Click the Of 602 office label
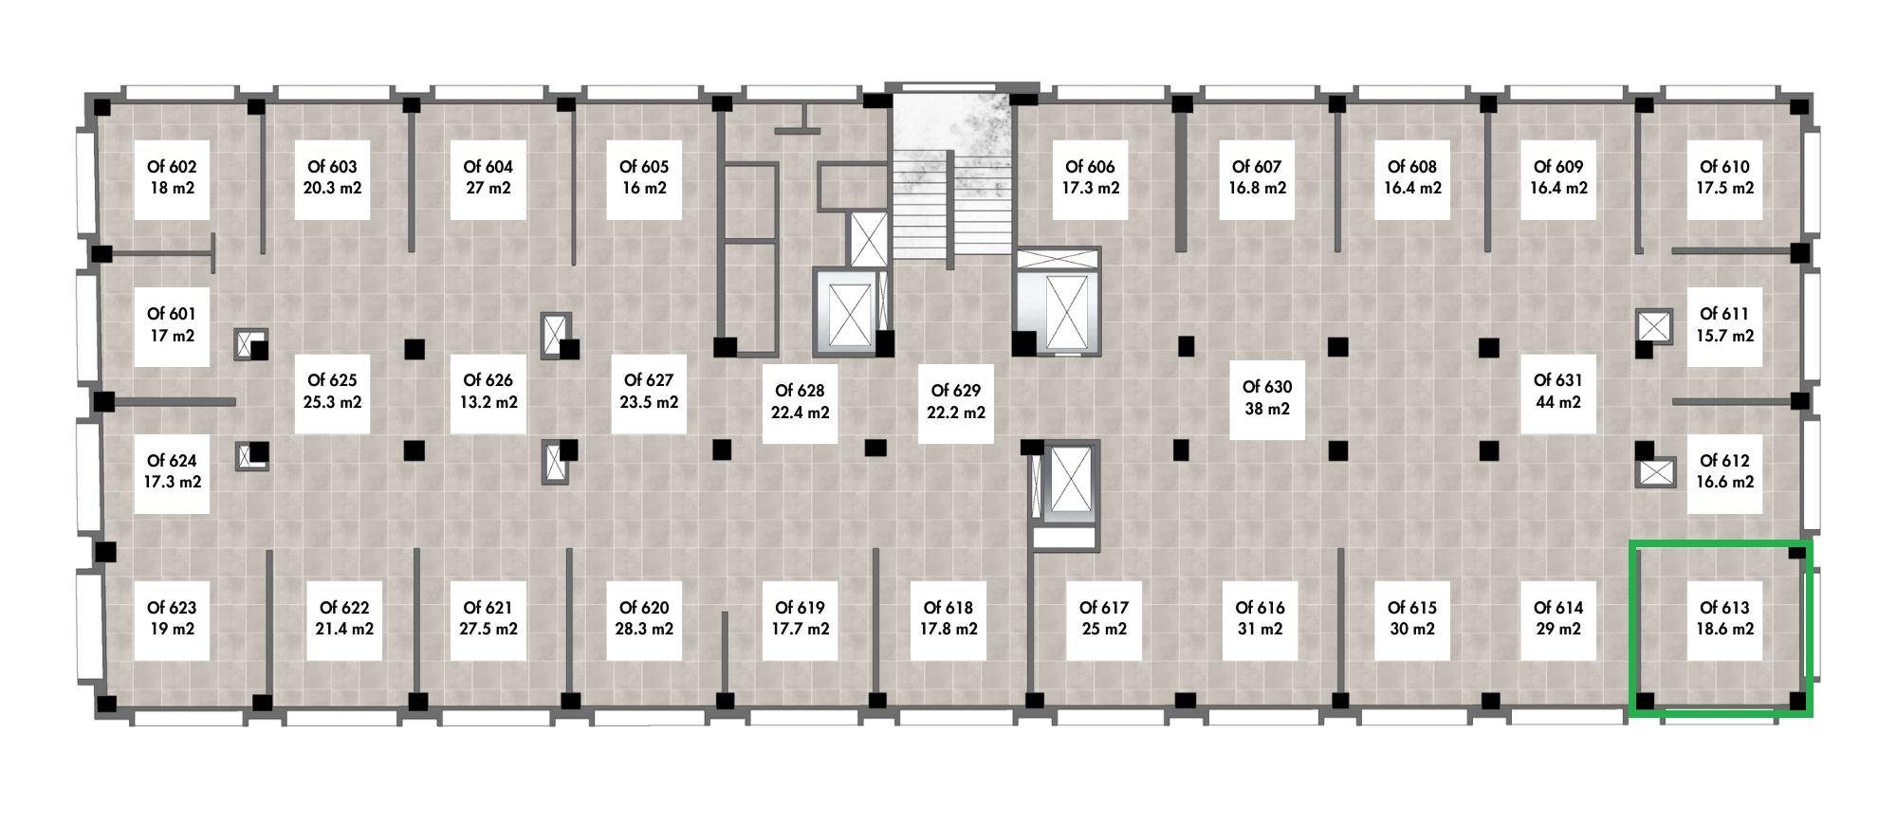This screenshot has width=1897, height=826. (x=172, y=177)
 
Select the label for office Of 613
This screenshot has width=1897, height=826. (x=1724, y=618)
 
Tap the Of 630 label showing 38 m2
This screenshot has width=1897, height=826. (x=1267, y=398)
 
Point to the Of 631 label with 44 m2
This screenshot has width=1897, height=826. (x=1557, y=391)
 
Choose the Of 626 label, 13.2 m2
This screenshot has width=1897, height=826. (x=488, y=391)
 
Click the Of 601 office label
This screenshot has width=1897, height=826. (x=172, y=324)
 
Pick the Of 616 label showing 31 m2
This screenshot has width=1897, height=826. (x=1260, y=618)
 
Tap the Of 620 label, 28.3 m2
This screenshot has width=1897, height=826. (x=644, y=618)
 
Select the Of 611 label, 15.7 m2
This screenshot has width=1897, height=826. (x=1724, y=324)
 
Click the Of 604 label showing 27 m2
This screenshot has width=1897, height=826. (x=488, y=177)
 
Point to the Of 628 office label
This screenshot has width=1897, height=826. (x=800, y=402)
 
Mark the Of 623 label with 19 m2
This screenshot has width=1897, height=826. (x=172, y=618)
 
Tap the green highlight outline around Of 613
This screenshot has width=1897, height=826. (x=1632, y=628)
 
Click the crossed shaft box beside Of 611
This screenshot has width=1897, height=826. (x=1654, y=326)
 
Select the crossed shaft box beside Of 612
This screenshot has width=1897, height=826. (x=1656, y=471)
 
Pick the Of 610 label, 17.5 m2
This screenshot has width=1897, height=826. (x=1724, y=177)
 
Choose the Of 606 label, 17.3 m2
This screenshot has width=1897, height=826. (x=1090, y=177)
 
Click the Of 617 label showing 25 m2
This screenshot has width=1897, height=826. (x=1104, y=618)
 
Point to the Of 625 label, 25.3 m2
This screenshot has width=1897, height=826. (x=332, y=391)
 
